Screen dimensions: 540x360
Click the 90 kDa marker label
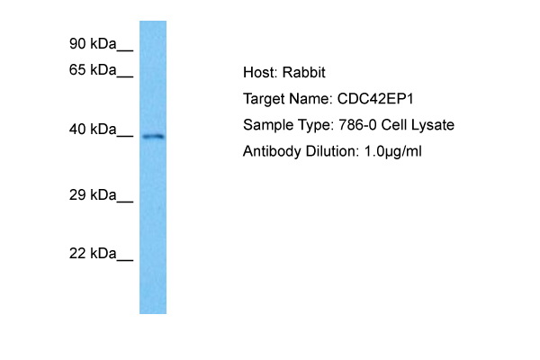(93, 44)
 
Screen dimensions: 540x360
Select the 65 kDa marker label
(93, 69)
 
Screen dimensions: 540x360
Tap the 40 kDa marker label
(93, 130)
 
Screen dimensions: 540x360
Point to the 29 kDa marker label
(93, 195)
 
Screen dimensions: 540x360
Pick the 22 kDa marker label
(93, 254)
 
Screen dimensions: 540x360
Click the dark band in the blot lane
(153, 137)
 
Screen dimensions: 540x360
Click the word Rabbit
(303, 72)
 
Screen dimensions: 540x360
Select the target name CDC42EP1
(375, 98)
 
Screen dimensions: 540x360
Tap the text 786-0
(357, 125)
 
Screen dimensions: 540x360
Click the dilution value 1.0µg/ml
(392, 151)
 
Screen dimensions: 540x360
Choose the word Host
(260, 72)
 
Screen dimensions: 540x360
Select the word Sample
(265, 125)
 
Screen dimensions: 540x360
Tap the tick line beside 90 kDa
(125, 51)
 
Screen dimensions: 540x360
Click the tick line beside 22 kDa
(125, 261)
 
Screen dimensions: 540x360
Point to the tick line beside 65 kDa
(125, 76)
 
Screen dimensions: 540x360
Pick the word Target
(264, 98)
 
